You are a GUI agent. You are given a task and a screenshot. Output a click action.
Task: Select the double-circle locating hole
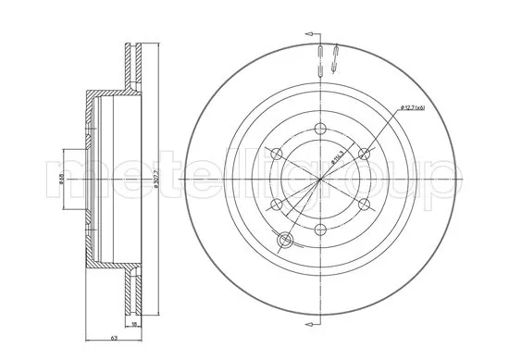286,241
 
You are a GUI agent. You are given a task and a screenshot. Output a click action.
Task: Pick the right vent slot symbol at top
332,56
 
